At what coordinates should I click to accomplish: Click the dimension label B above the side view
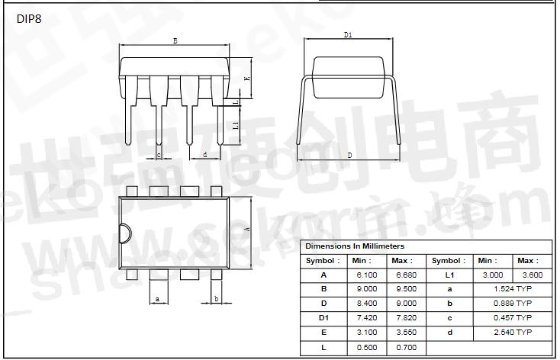point(175,41)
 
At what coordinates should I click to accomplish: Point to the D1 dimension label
point(348,35)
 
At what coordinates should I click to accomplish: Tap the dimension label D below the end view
point(349,155)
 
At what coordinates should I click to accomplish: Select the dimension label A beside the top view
point(246,229)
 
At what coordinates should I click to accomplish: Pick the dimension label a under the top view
point(157,299)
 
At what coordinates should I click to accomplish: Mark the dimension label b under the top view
point(217,299)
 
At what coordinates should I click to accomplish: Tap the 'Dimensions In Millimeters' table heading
point(355,246)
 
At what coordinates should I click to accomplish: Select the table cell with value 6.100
point(367,275)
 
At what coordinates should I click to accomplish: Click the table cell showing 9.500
point(407,289)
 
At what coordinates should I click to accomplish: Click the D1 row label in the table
point(323,318)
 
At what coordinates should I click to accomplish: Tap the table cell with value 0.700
point(407,347)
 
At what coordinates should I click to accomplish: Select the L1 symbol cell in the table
point(449,275)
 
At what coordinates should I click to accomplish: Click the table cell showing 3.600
point(532,275)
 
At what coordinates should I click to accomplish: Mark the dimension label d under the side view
point(205,155)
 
